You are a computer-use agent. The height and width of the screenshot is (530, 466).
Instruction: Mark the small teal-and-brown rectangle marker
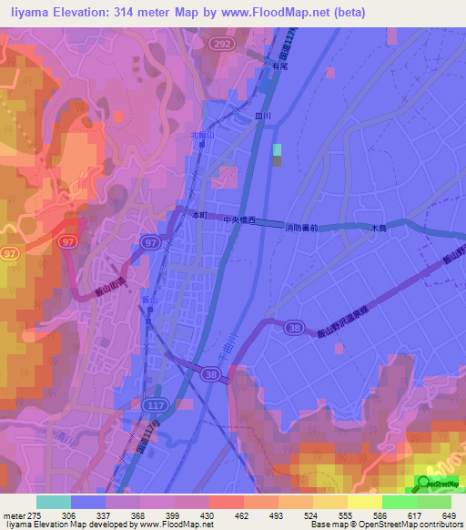point(278,155)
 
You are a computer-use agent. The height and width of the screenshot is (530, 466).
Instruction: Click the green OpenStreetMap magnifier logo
point(427,484)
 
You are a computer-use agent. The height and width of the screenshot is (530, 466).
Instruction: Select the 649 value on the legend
point(448,515)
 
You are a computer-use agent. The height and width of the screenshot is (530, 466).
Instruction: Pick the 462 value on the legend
point(241,515)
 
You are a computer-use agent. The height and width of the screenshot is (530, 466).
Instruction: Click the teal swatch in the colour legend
point(54,502)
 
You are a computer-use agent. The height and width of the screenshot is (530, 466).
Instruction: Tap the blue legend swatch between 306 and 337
point(88,502)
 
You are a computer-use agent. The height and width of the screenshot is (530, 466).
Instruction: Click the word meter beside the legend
point(12,515)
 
